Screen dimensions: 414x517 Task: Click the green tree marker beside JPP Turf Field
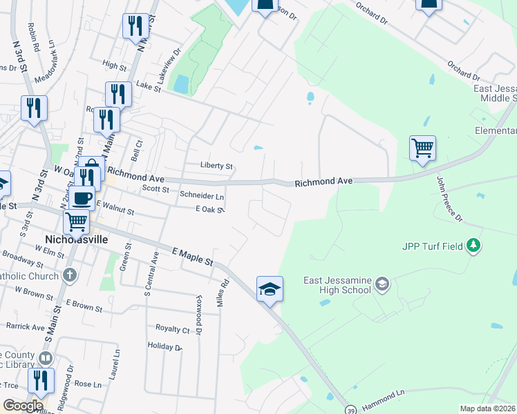click(473, 245)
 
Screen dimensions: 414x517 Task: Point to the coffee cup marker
click(84, 197)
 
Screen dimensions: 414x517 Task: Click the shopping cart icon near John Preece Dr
click(422, 148)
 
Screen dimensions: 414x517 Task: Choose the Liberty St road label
click(216, 166)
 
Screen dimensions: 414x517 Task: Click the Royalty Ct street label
click(173, 329)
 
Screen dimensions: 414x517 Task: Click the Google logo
click(23, 405)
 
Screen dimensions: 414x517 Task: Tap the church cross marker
click(69, 275)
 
